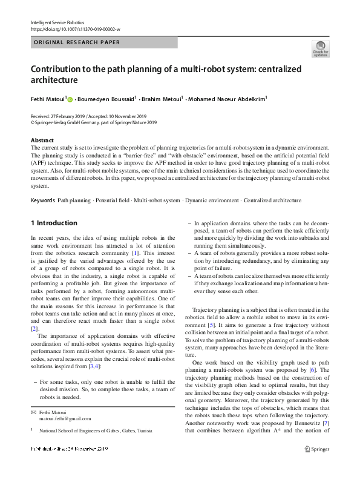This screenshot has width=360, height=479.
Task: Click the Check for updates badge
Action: point(320,48)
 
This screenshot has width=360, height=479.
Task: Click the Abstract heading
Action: point(42,140)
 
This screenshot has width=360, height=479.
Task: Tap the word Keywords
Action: point(43,200)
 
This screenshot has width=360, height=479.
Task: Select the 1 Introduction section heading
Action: point(54,223)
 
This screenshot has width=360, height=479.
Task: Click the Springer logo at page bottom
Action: point(316,465)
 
